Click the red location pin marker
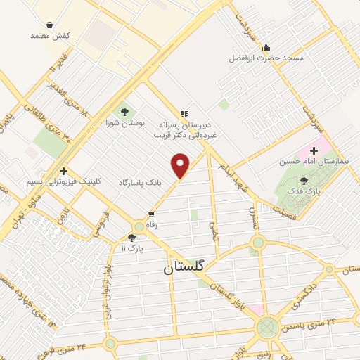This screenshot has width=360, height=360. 181,166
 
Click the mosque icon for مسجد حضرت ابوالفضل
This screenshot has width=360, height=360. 266,48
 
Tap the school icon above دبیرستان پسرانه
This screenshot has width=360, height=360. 184,113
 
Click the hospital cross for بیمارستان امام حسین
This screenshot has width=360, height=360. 314,151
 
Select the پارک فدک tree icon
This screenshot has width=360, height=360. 303,180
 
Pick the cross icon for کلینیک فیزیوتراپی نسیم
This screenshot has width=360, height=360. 63,170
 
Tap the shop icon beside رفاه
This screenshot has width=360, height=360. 151,214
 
